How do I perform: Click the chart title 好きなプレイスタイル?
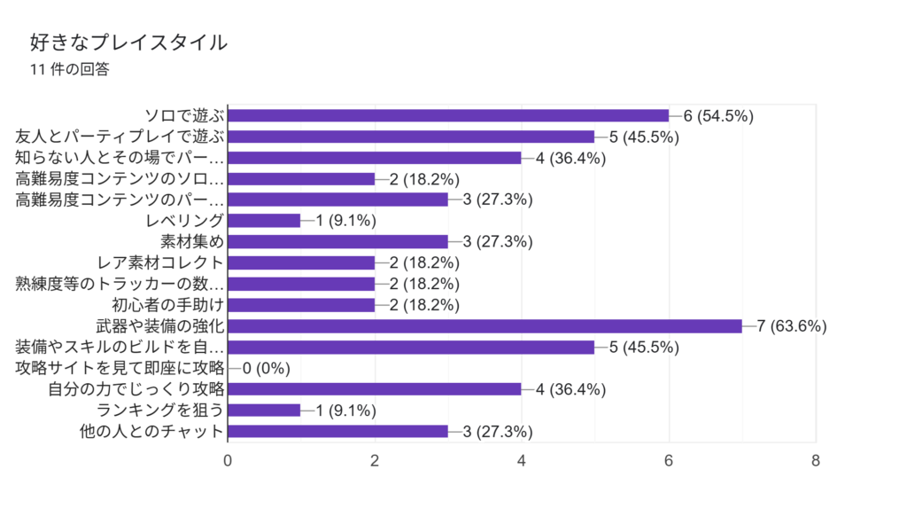[128, 42]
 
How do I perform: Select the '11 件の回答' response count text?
[69, 70]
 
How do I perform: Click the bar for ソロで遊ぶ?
[448, 115]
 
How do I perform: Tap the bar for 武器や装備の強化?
[485, 326]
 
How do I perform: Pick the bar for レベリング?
[264, 221]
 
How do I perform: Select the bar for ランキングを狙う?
[264, 411]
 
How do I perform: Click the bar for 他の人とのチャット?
[337, 432]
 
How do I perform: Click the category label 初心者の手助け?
[168, 305]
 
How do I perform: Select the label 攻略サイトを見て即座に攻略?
[120, 368]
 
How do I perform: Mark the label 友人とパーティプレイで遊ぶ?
[120, 137]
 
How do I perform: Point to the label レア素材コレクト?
[161, 262]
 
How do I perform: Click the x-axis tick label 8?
[815, 461]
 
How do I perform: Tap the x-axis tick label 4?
[522, 461]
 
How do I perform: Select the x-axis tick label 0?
[229, 461]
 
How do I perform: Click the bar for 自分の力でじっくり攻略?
[375, 389]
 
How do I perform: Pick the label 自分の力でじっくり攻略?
[136, 389]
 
